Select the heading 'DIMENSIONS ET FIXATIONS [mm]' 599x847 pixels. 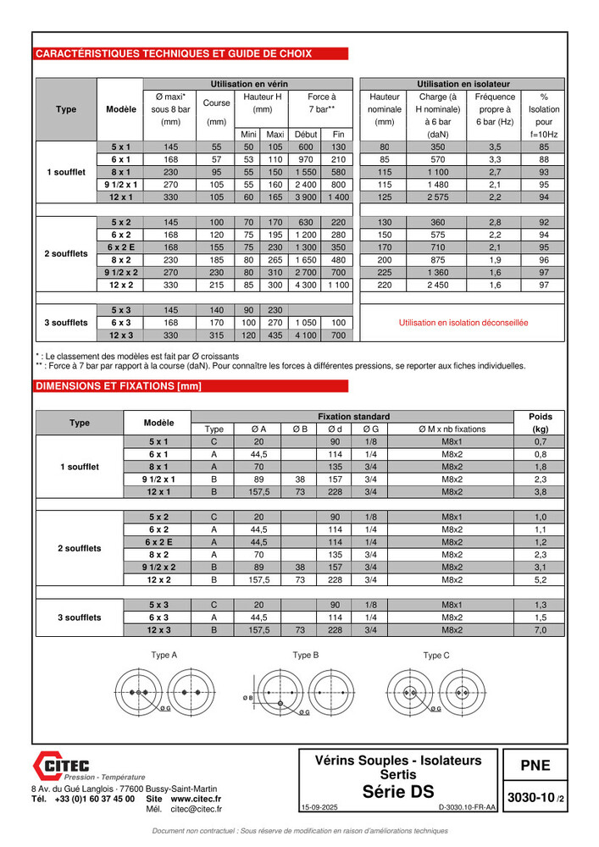[x=118, y=386]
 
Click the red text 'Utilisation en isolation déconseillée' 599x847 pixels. [x=463, y=323]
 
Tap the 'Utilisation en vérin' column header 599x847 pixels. [x=249, y=84]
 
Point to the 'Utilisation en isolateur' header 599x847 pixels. [x=463, y=84]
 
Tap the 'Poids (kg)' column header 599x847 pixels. [x=541, y=423]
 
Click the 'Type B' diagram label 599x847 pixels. [x=305, y=655]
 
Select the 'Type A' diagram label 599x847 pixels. [x=164, y=655]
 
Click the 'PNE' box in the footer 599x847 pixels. [x=535, y=766]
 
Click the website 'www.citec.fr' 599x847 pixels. [x=196, y=799]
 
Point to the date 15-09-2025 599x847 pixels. [x=319, y=808]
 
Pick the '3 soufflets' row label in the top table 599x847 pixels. [x=66, y=323]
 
